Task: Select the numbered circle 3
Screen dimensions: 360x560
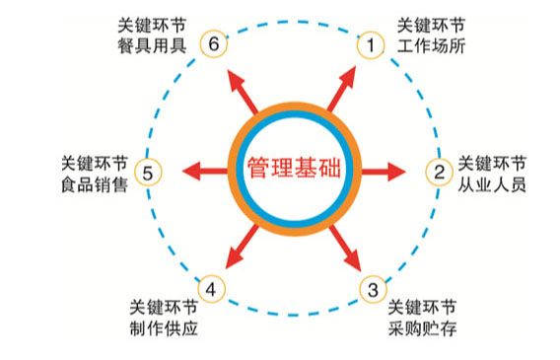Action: [372, 289]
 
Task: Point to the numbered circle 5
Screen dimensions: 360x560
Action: [147, 174]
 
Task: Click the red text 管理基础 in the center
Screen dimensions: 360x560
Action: [293, 167]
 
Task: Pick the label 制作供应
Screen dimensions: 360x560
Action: [164, 327]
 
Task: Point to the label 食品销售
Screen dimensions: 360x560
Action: [94, 183]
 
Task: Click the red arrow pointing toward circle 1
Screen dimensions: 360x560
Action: [338, 90]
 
